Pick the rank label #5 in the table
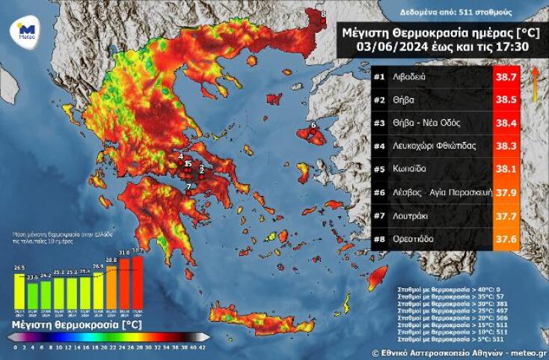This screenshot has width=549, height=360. tap(379, 169)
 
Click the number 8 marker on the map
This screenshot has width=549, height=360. tap(323, 13)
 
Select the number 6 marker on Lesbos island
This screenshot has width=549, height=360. tap(313, 125)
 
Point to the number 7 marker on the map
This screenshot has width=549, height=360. tap(189, 186)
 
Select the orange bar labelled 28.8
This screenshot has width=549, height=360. tap(111, 289)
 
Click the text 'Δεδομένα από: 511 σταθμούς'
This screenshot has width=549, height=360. tap(447, 13)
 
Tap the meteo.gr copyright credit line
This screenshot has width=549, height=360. tap(459, 351)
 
